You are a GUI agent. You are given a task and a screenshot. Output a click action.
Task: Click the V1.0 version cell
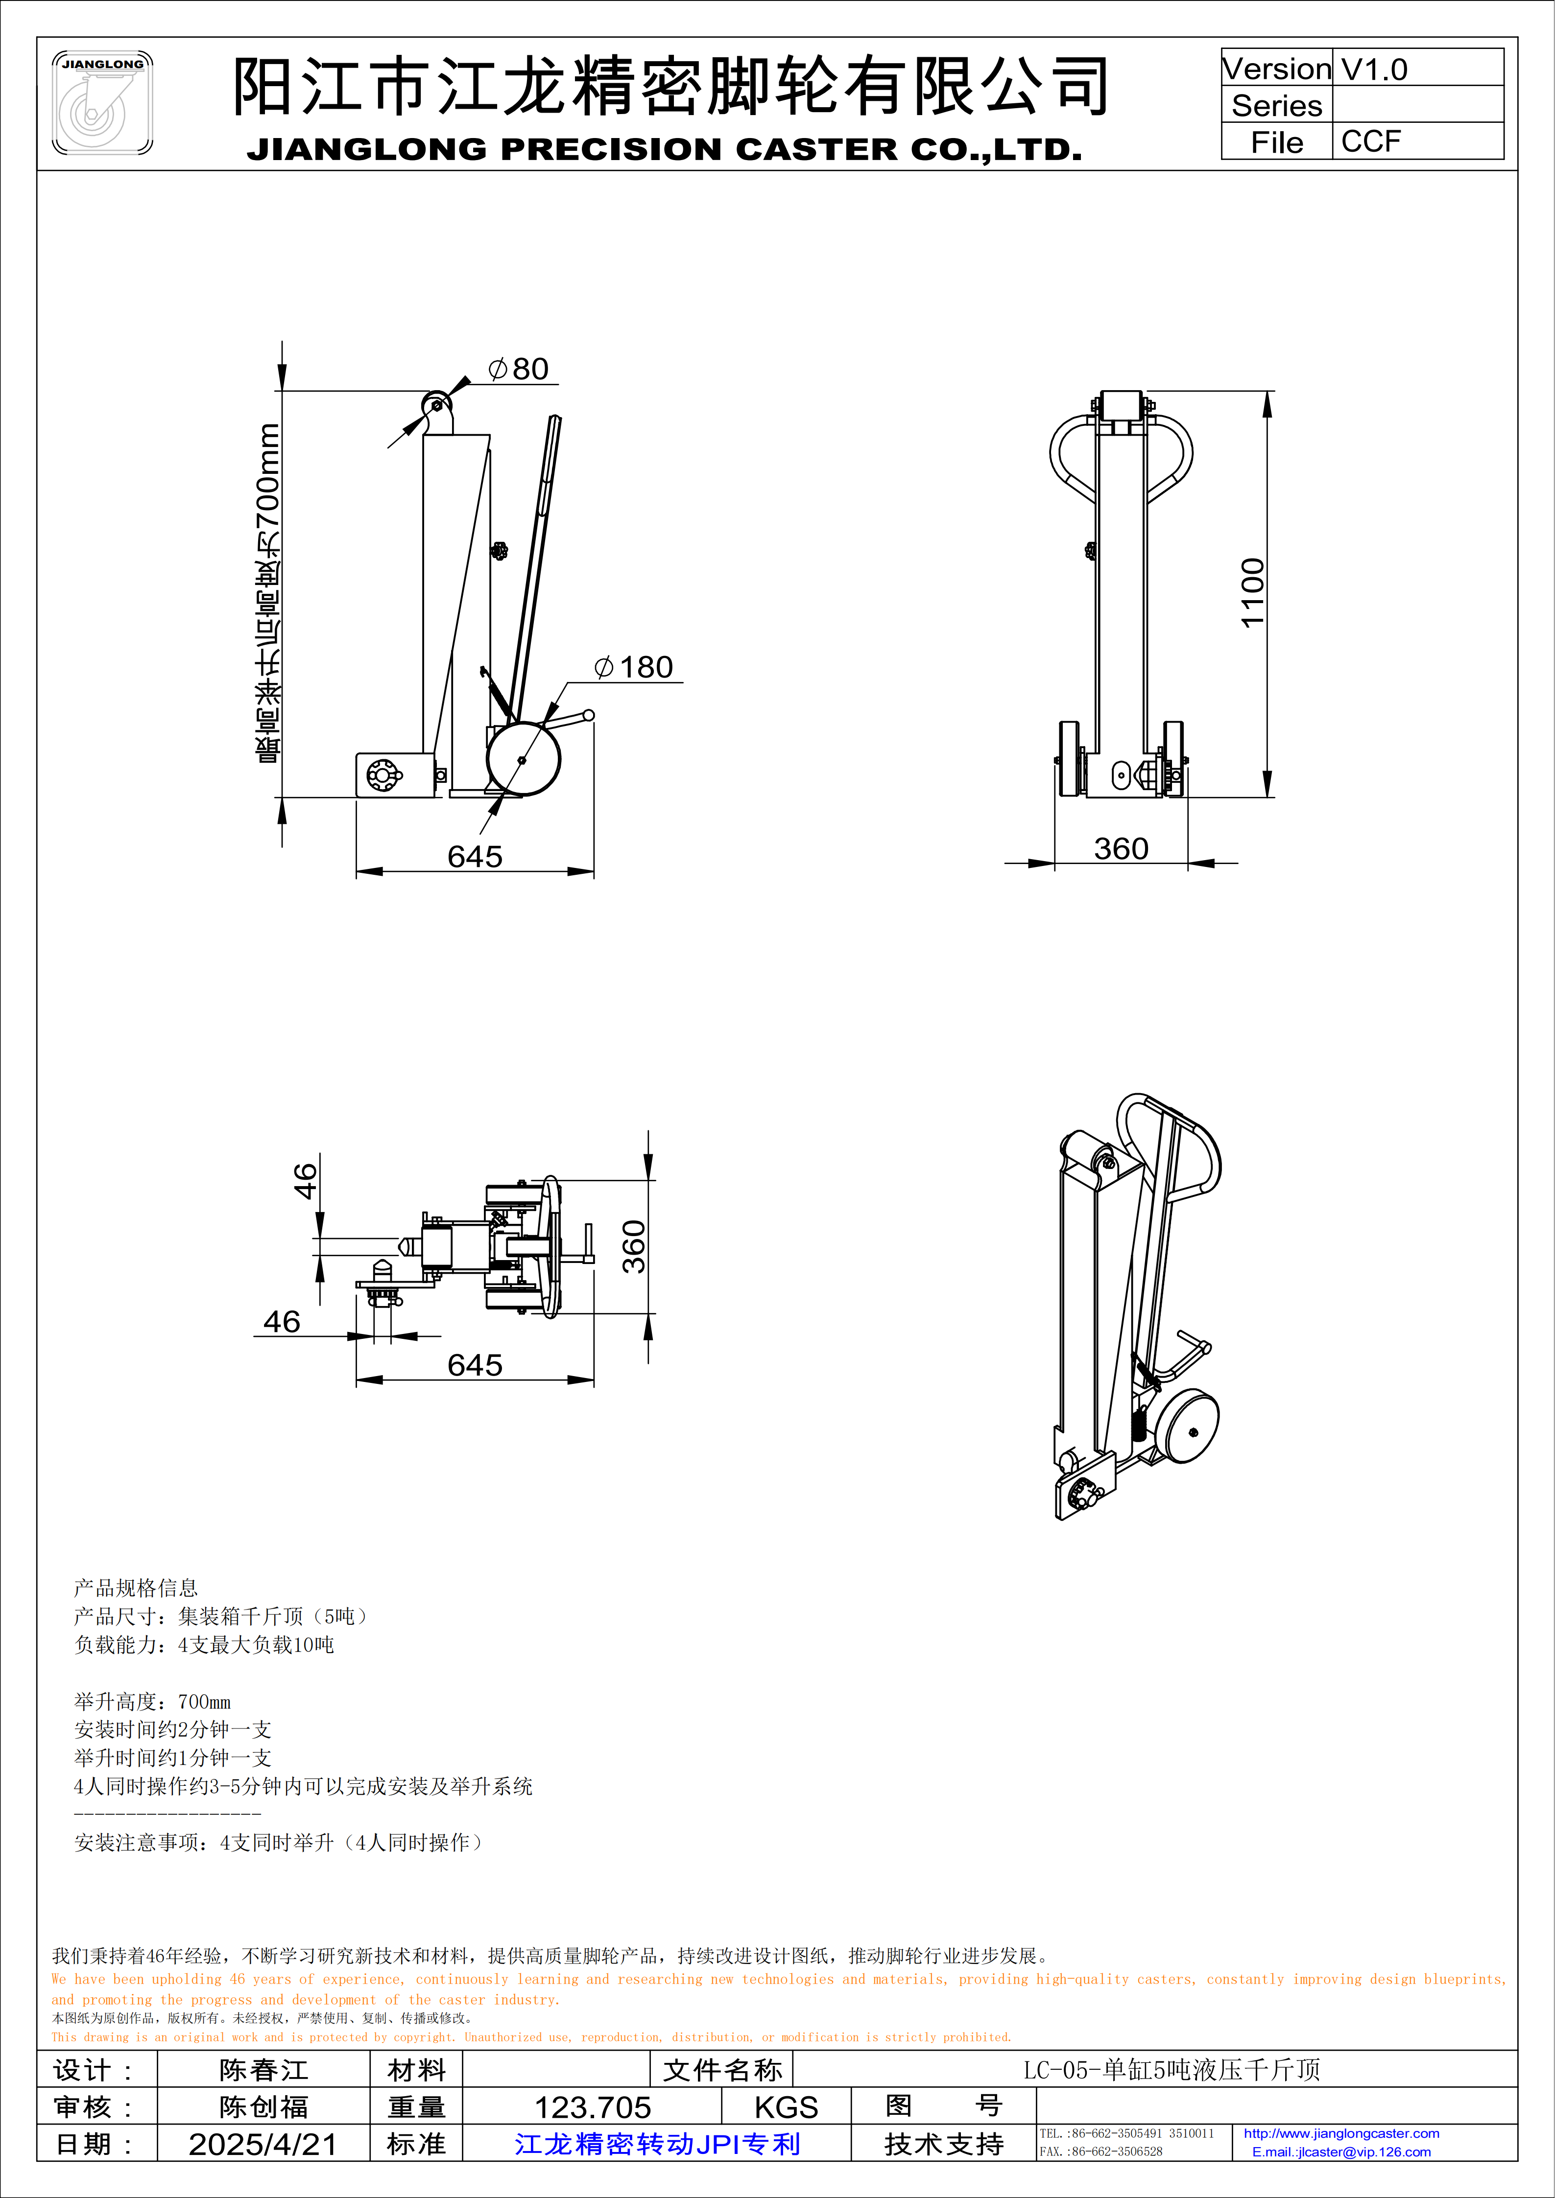tap(1374, 69)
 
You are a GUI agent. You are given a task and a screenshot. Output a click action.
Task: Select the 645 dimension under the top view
tap(475, 1365)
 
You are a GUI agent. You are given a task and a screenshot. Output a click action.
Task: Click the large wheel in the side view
tap(522, 759)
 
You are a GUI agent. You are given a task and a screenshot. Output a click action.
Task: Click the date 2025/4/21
tap(263, 2144)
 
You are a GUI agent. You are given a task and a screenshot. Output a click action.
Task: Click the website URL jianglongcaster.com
tap(1340, 2133)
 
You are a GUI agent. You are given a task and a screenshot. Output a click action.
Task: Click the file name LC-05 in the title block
tap(1171, 2070)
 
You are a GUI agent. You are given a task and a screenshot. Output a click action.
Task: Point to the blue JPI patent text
tap(657, 2144)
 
